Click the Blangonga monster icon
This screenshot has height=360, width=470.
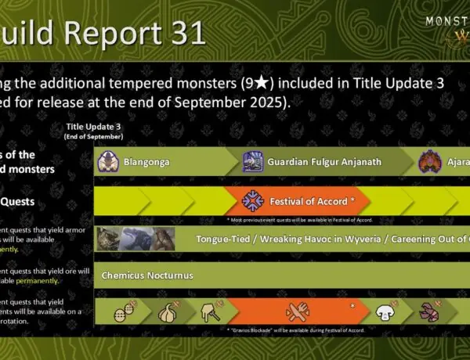pos(107,163)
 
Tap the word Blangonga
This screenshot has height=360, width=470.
pos(144,164)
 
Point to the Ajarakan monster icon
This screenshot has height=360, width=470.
pos(430,163)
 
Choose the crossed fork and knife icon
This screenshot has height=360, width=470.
pos(299,311)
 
